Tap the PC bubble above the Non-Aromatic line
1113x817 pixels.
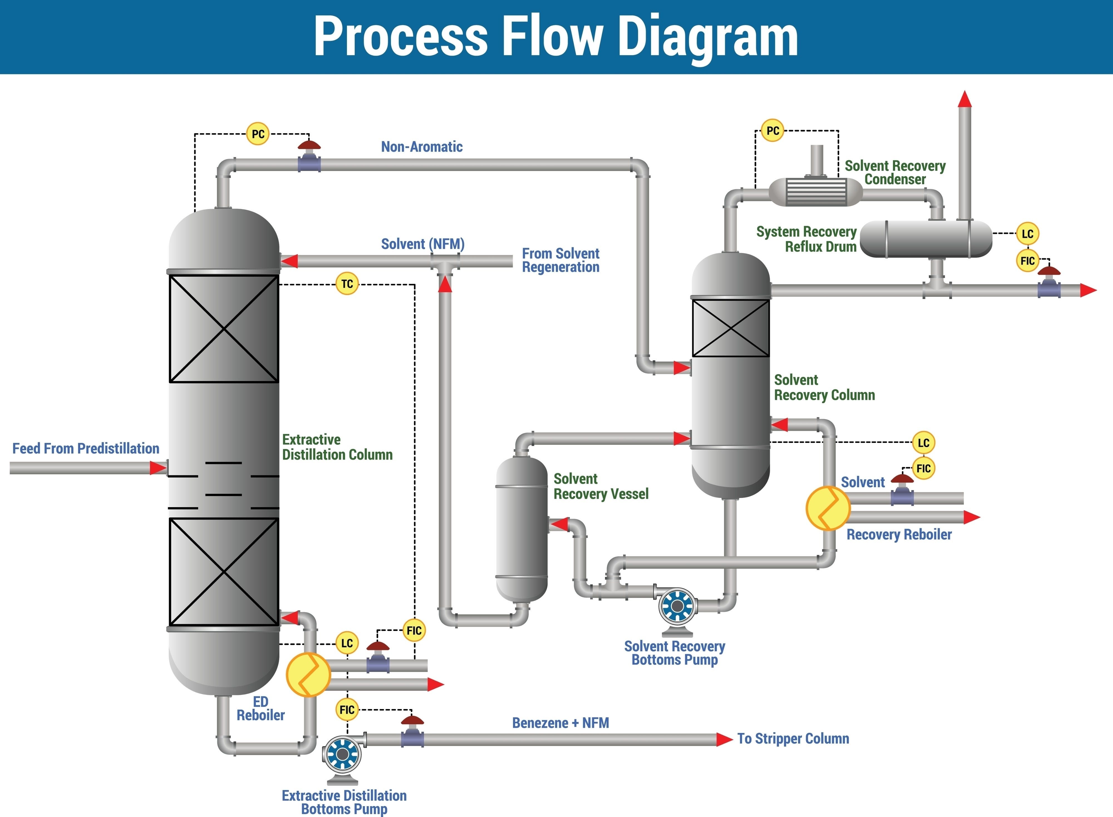[258, 134]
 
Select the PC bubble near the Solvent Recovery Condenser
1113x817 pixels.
[772, 130]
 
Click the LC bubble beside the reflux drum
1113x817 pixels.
[1028, 234]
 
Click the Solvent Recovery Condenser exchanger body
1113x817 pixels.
[816, 191]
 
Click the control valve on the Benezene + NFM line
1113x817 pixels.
[412, 731]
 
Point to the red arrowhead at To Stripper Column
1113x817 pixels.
[725, 739]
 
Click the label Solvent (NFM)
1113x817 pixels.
[422, 244]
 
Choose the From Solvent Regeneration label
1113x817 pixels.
[561, 260]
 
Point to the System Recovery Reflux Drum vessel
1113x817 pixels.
[926, 239]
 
